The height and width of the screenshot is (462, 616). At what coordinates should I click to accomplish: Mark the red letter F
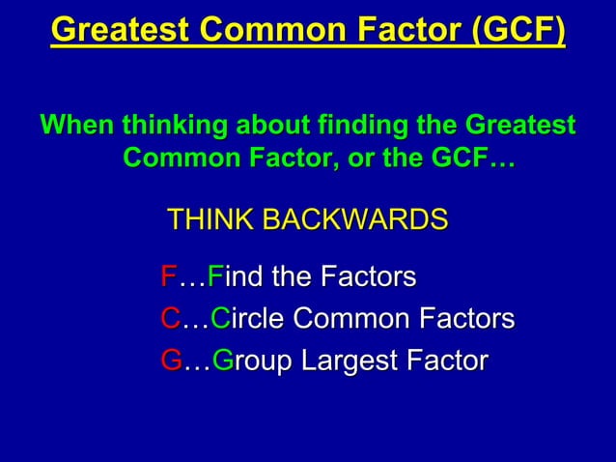(x=168, y=278)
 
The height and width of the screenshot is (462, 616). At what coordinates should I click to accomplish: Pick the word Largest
(x=351, y=361)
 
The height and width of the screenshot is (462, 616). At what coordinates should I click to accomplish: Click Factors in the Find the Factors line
(x=368, y=278)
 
